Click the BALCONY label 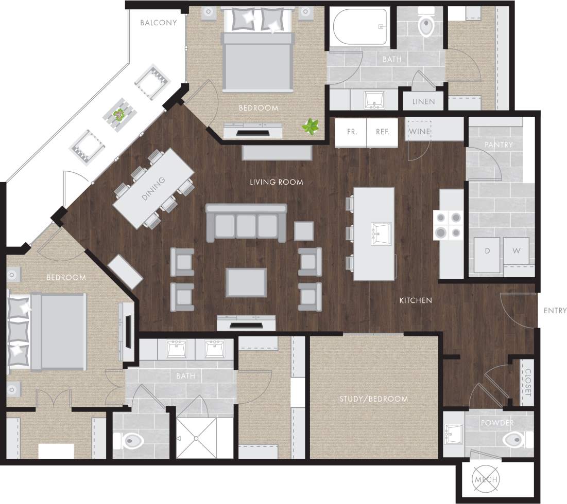click(158, 23)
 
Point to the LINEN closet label click(423, 101)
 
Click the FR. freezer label click(352, 132)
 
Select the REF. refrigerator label click(382, 132)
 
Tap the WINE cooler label click(419, 132)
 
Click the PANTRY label click(499, 145)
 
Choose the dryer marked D click(487, 252)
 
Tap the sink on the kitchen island click(381, 234)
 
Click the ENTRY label click(555, 311)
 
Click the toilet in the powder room click(515, 440)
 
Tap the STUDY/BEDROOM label click(373, 399)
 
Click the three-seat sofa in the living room click(246, 224)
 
